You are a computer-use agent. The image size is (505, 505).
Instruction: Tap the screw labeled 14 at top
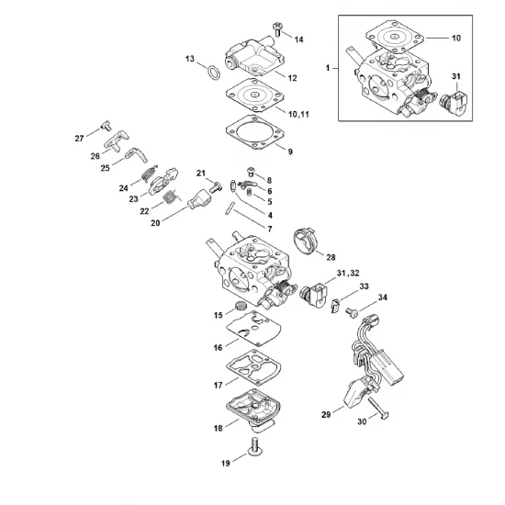coord(277,29)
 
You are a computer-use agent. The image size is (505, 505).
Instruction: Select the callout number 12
coord(292,78)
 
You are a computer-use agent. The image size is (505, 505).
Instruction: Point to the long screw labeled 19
coord(254,446)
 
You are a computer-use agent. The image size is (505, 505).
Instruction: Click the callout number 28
coord(331,257)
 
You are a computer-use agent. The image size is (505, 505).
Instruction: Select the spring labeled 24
coord(150,174)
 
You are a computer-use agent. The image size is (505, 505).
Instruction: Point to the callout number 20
coord(155,223)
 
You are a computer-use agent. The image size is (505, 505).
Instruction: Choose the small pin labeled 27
coord(106,125)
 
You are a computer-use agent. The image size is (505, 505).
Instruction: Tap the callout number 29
coord(326,414)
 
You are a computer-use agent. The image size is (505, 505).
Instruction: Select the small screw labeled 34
coord(352,312)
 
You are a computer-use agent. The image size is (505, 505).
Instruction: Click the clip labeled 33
coord(335,306)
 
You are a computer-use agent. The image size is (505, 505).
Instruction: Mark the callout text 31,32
coord(348,273)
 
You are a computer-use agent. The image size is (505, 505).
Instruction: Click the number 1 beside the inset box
coord(328,68)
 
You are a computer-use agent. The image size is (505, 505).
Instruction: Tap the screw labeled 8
coord(251,172)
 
